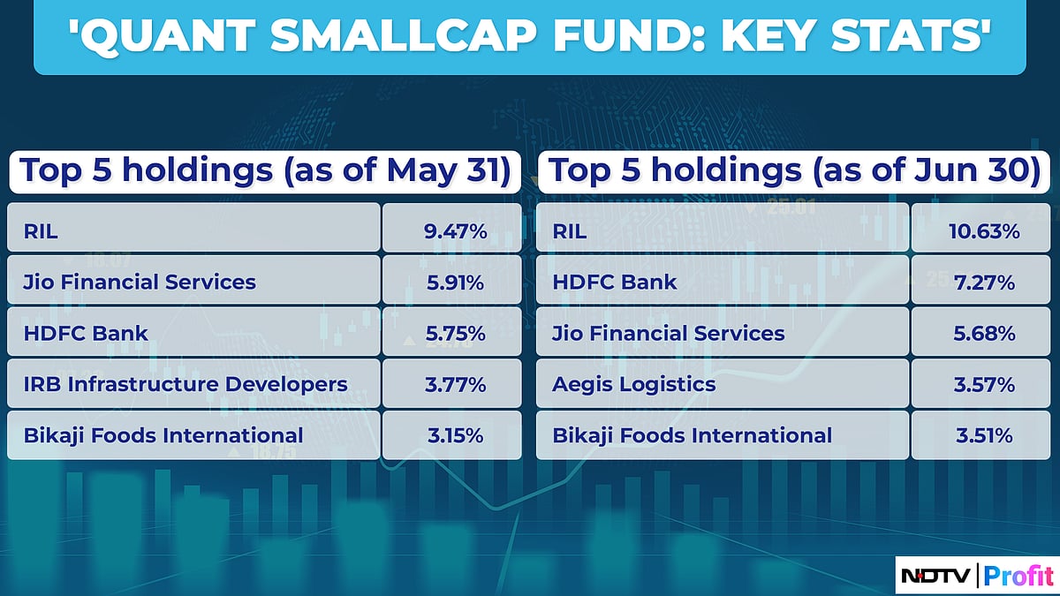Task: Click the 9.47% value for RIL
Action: coord(455,232)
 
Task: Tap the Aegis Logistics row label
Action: coord(634,385)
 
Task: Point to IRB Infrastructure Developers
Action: coord(185,385)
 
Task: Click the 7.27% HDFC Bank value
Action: coord(984,283)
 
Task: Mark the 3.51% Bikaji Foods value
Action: coord(984,436)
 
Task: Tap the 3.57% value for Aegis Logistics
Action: coord(984,385)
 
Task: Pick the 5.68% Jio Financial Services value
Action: coord(984,334)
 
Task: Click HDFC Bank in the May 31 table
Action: coord(84,334)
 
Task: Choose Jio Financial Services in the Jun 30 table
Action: coord(669,334)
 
